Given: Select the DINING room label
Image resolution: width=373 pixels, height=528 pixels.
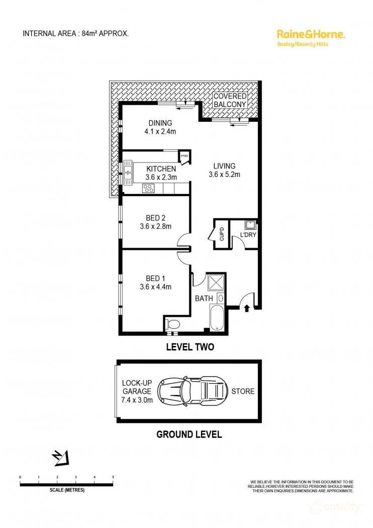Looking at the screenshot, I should coord(160,123).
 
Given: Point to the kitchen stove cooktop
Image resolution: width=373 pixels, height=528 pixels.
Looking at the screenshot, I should coord(149,188).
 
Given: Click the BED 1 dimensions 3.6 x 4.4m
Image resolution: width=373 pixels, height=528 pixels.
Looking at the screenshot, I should coord(156,287).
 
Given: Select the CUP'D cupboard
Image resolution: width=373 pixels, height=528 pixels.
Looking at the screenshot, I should coord(222,235).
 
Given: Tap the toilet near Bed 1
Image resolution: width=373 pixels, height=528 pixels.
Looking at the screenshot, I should coord(173,324).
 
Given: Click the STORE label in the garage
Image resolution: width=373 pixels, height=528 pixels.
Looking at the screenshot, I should coord(242,391).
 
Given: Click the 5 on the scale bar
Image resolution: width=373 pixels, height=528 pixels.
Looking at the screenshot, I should coord(113,477).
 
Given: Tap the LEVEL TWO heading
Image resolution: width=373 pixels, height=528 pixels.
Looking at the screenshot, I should coord(190,346).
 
